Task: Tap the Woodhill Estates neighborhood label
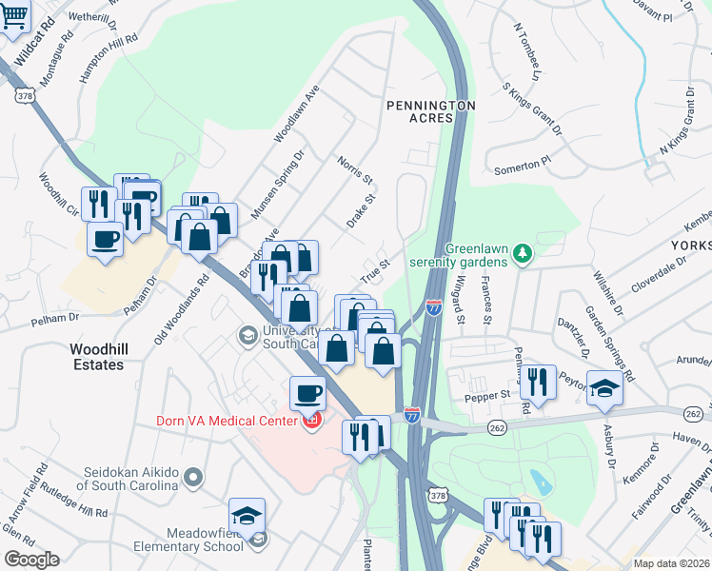point(97,357)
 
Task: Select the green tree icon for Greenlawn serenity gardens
point(521,254)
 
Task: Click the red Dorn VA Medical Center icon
point(311,420)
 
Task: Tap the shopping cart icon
point(14,16)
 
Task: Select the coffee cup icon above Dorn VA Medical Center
point(307,391)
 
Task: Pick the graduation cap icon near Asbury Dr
point(603,387)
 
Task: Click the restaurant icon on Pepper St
point(538,383)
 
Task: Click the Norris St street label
point(354,172)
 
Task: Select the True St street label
point(375,270)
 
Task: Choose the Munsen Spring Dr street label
point(277,185)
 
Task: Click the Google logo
point(30,560)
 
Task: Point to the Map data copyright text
point(671,563)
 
